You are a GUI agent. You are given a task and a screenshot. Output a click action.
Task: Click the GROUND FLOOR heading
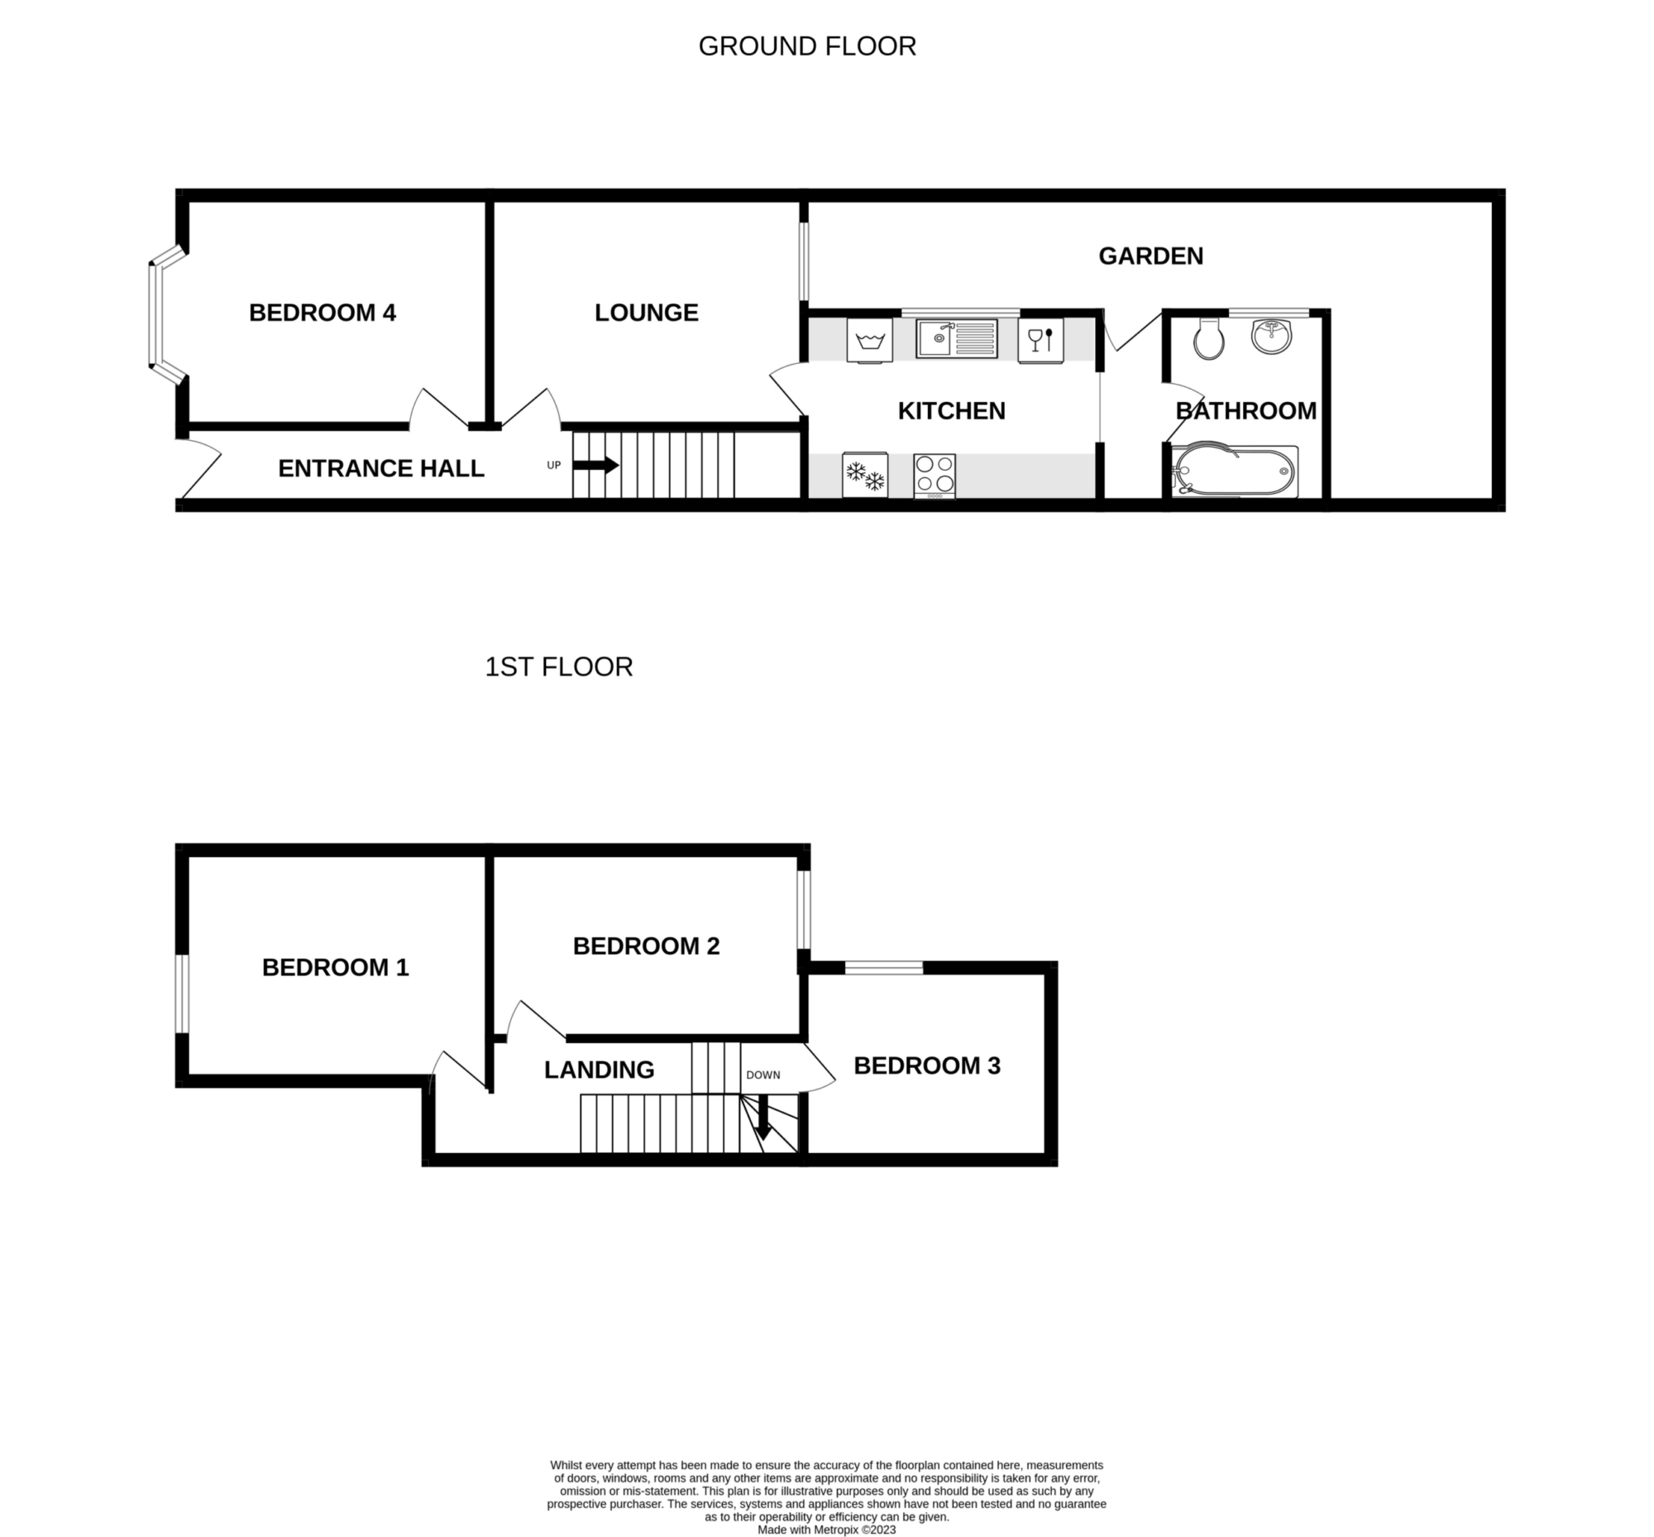pyautogui.click(x=806, y=46)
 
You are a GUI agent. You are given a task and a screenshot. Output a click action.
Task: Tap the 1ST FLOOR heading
pyautogui.click(x=559, y=667)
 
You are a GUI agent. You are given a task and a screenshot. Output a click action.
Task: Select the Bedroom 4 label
pyautogui.click(x=323, y=313)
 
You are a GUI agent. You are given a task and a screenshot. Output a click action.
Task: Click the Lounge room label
pyautogui.click(x=646, y=313)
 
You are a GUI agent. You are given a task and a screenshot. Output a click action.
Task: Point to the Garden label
pyautogui.click(x=1151, y=256)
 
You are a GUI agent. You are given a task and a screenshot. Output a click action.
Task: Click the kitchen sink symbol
pyautogui.click(x=956, y=338)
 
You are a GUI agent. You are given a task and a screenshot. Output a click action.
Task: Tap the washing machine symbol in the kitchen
pyautogui.click(x=869, y=341)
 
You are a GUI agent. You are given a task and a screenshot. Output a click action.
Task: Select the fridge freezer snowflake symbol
pyautogui.click(x=865, y=475)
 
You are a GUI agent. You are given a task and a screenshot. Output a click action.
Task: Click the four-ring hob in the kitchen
pyautogui.click(x=935, y=476)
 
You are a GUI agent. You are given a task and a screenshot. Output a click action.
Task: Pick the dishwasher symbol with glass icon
pyautogui.click(x=1040, y=341)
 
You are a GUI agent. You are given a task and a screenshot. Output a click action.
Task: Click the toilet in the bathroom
pyautogui.click(x=1208, y=338)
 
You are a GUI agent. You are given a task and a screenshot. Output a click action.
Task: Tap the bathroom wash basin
pyautogui.click(x=1271, y=335)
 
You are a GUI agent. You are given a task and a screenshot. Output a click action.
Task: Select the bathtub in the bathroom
pyautogui.click(x=1234, y=472)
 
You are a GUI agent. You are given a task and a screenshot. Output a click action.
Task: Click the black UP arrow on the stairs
pyautogui.click(x=595, y=466)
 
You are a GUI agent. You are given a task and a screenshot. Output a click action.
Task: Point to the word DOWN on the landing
pyautogui.click(x=762, y=1075)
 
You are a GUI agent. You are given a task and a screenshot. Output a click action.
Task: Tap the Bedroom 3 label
pyautogui.click(x=926, y=1065)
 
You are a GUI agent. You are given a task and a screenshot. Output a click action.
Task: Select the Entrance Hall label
pyautogui.click(x=381, y=468)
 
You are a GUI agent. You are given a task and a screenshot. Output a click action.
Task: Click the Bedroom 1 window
pyautogui.click(x=182, y=994)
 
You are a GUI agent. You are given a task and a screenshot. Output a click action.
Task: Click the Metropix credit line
pyautogui.click(x=826, y=1530)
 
